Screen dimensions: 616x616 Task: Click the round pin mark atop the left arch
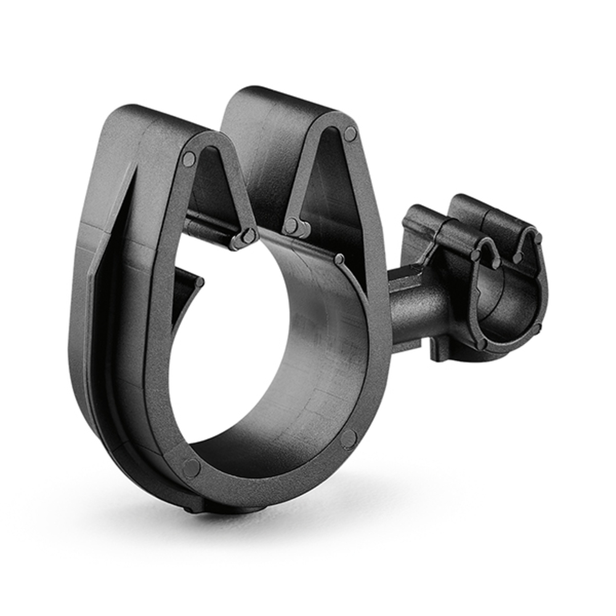tap(189, 158)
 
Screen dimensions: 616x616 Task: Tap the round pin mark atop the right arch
tap(350, 134)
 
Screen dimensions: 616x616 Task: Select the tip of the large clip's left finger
tap(248, 235)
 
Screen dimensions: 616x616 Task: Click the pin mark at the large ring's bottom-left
tap(192, 467)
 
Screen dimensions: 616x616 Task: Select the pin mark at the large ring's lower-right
tap(349, 439)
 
